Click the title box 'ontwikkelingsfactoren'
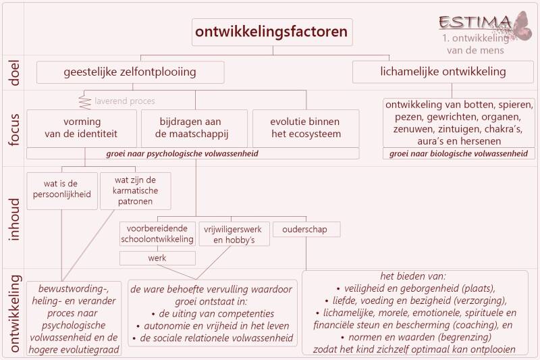click(x=272, y=32)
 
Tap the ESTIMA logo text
click(x=474, y=22)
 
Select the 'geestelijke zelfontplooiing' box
click(x=130, y=72)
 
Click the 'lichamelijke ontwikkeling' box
click(x=439, y=72)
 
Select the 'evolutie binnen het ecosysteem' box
click(x=306, y=128)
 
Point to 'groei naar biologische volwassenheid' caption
click(x=459, y=154)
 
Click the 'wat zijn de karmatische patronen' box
click(x=135, y=190)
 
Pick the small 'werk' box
click(x=157, y=257)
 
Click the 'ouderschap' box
click(x=305, y=230)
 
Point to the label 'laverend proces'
click(x=124, y=101)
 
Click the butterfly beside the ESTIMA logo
click(x=521, y=25)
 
